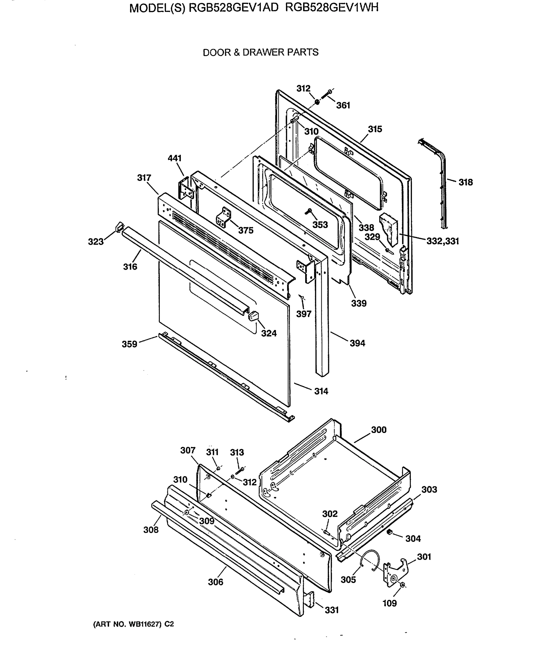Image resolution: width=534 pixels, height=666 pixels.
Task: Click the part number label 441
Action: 174,158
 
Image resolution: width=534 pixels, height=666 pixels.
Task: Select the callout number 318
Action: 465,182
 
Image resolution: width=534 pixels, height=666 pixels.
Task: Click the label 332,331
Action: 442,241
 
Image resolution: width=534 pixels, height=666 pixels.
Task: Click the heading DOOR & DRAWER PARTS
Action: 260,52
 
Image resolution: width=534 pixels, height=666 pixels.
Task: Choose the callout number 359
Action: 129,344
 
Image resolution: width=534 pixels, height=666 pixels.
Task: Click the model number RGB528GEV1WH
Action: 332,8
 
